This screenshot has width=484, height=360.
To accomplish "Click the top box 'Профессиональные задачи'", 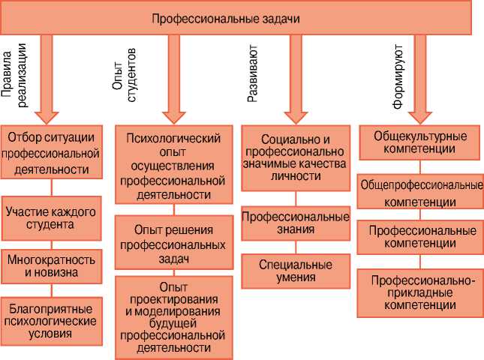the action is click(236, 19).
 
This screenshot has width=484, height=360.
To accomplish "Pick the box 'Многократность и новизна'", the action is click(51, 266).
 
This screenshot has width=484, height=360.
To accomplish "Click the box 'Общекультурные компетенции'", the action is click(419, 142).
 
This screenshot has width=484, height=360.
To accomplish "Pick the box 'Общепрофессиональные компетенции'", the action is click(419, 193).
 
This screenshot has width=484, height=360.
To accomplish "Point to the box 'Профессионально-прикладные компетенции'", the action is click(419, 293).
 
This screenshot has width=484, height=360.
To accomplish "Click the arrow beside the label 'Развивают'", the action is click(295, 79).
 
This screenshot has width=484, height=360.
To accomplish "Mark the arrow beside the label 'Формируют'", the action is click(420, 79).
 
